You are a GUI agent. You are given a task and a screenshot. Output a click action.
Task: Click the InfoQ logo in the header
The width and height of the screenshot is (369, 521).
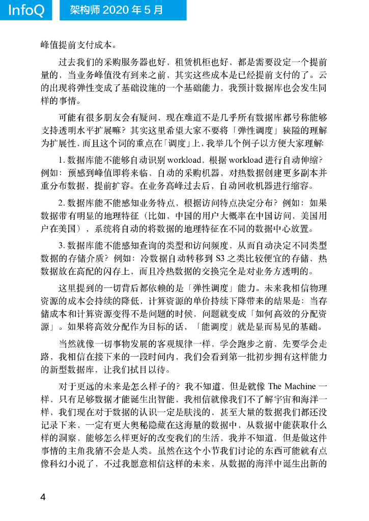pos(26,10)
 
